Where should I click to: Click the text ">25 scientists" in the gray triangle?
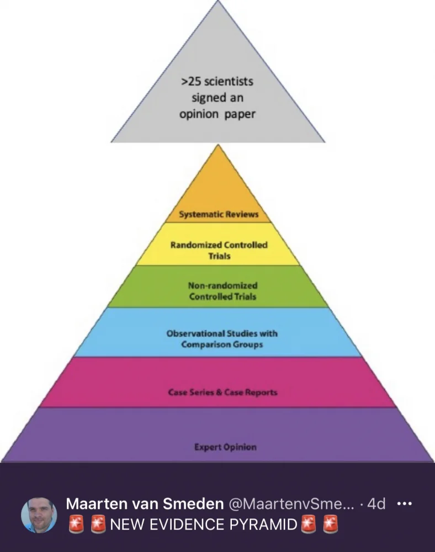click(217, 81)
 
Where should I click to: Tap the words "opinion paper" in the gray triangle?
click(217, 115)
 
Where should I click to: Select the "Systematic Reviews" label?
click(219, 214)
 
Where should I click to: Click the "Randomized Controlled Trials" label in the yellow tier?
click(219, 250)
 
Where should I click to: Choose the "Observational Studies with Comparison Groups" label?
click(222, 339)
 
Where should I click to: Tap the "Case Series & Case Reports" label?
click(222, 392)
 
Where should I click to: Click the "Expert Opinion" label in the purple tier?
click(225, 447)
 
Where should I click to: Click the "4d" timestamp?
click(376, 504)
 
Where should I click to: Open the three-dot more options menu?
click(405, 504)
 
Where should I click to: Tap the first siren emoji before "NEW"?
click(76, 524)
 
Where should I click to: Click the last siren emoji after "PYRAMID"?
click(330, 524)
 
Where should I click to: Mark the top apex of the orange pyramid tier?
click(219, 146)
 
